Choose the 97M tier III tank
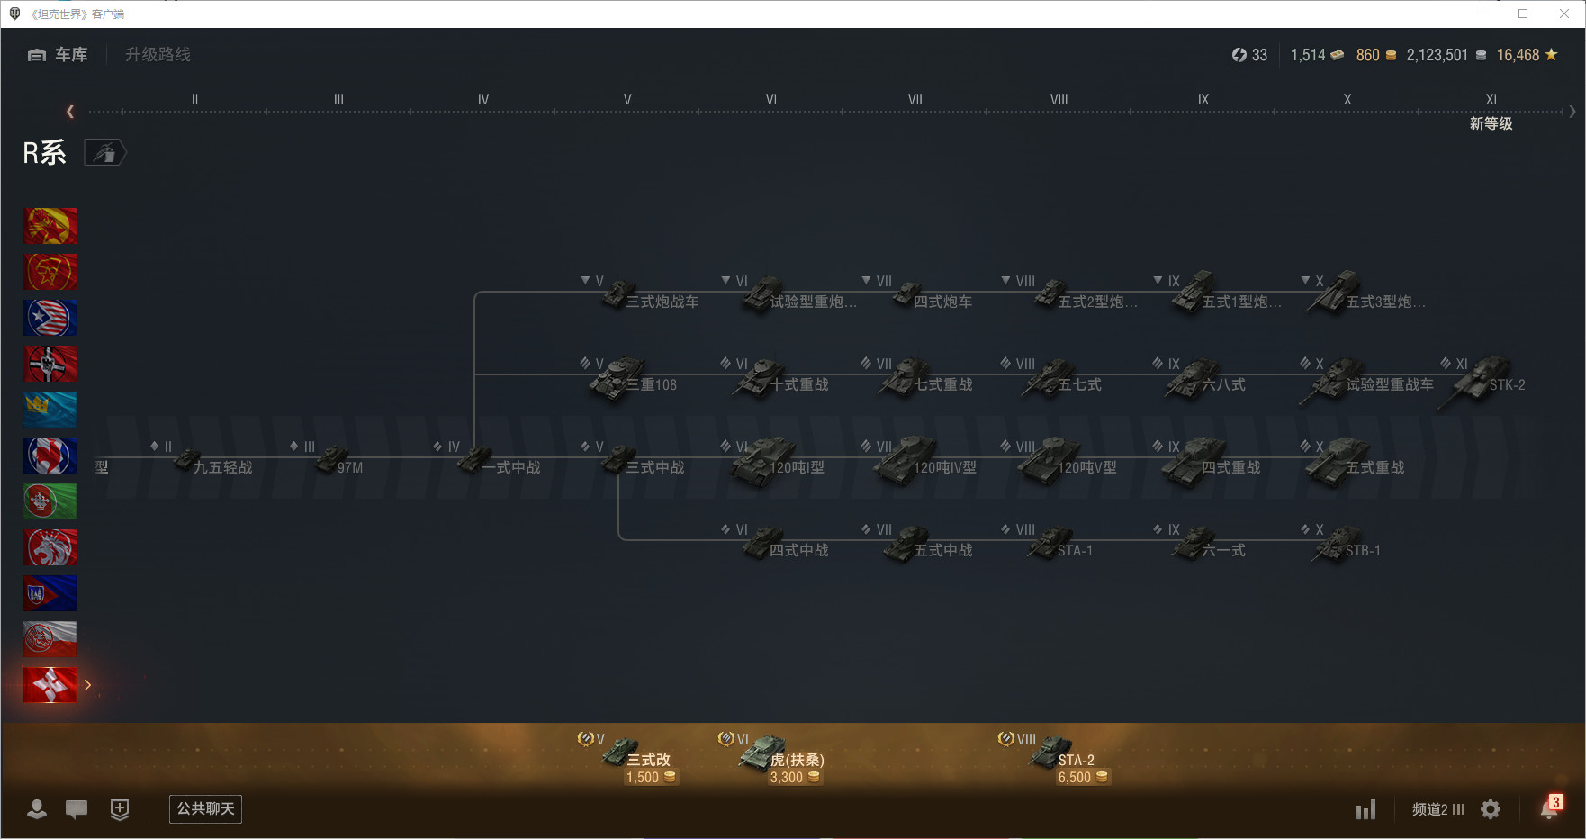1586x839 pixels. pyautogui.click(x=338, y=463)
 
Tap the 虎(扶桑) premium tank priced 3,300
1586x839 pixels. pyautogui.click(x=779, y=761)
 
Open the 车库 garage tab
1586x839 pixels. pyautogui.click(x=59, y=55)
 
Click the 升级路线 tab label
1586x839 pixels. pyautogui.click(x=158, y=55)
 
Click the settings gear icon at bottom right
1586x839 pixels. pyautogui.click(x=1491, y=809)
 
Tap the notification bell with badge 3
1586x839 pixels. pyautogui.click(x=1549, y=808)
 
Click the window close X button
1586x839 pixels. pyautogui.click(x=1564, y=14)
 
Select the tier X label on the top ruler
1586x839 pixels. pyautogui.click(x=1347, y=100)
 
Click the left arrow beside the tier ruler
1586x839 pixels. pyautogui.click(x=70, y=112)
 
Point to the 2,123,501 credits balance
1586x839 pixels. pyautogui.click(x=1437, y=55)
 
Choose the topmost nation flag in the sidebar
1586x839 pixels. pyautogui.click(x=50, y=226)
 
